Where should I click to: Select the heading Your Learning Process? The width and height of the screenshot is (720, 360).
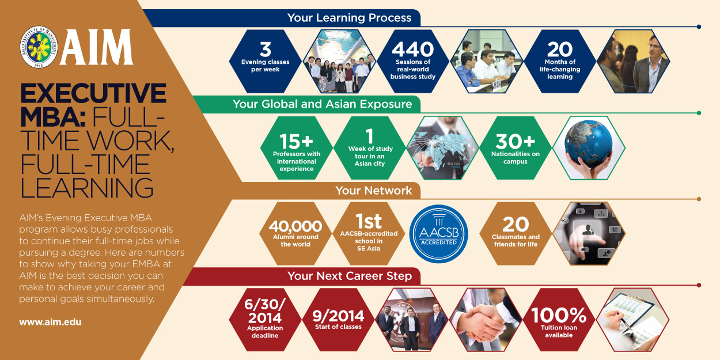pyautogui.click(x=349, y=18)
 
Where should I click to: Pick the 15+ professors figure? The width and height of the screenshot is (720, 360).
pyautogui.click(x=296, y=142)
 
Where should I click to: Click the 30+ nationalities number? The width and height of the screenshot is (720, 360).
pyautogui.click(x=516, y=141)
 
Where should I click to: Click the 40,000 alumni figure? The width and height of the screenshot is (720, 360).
pyautogui.click(x=295, y=227)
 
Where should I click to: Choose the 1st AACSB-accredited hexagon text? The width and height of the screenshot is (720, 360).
pyautogui.click(x=369, y=222)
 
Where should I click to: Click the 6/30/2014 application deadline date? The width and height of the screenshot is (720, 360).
pyautogui.click(x=265, y=312)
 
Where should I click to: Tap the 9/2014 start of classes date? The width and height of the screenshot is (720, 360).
pyautogui.click(x=338, y=316)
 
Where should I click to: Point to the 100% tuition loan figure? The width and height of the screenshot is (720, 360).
pyautogui.click(x=558, y=316)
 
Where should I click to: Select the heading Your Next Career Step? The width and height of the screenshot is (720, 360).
pyautogui.click(x=350, y=276)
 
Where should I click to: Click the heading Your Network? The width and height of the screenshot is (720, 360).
pyautogui.click(x=374, y=191)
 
